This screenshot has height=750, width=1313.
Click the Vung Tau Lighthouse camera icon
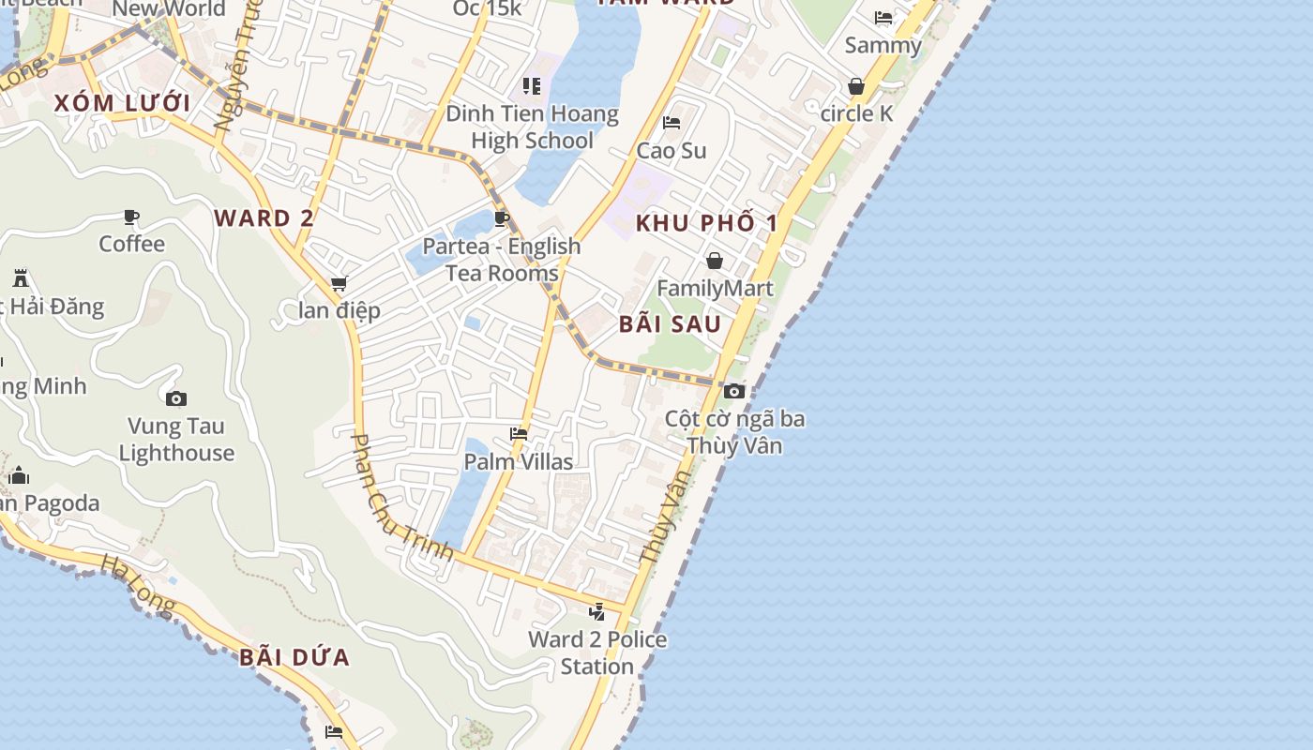[175, 399]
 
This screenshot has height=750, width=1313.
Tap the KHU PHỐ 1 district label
[707, 223]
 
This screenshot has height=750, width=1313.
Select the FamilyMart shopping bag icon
[715, 261]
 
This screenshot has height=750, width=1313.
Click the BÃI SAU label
[670, 324]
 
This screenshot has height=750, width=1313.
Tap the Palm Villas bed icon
[519, 434]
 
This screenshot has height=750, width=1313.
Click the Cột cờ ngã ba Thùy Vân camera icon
[734, 391]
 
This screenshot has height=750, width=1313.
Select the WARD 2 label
[264, 218]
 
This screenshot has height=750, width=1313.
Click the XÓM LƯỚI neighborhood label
[122, 103]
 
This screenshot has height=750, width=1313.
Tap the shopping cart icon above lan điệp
[339, 283]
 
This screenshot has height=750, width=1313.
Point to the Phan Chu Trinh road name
[401, 498]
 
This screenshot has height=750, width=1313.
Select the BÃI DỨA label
[294, 657]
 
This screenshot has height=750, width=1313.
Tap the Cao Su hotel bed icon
[672, 123]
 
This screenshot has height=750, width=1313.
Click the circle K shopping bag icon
[856, 86]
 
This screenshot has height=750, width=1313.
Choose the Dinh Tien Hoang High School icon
[532, 87]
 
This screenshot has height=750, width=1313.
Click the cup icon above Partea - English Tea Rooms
[502, 219]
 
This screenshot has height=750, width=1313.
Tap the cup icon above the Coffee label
[131, 217]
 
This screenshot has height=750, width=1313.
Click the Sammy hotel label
[883, 45]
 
